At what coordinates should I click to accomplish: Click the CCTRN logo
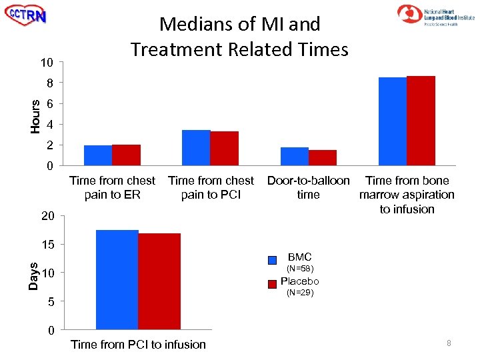pyautogui.click(x=26, y=15)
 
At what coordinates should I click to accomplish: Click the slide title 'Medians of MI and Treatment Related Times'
pyautogui.click(x=239, y=37)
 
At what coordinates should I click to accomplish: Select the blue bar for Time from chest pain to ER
pyautogui.click(x=98, y=155)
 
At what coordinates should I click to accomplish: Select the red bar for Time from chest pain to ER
pyautogui.click(x=126, y=155)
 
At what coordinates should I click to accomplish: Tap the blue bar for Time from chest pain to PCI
pyautogui.click(x=196, y=147)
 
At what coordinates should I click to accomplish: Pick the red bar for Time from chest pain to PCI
pyautogui.click(x=224, y=148)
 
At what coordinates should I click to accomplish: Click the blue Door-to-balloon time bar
pyautogui.click(x=294, y=156)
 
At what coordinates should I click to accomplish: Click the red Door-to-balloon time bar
pyautogui.click(x=322, y=157)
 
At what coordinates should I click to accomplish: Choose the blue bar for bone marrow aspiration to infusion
pyautogui.click(x=392, y=121)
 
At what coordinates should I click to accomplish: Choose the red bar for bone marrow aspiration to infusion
pyautogui.click(x=421, y=121)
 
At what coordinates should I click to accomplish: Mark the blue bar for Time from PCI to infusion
pyautogui.click(x=117, y=279)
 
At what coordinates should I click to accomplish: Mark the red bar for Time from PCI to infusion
pyautogui.click(x=159, y=281)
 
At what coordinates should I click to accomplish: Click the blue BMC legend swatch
pyautogui.click(x=272, y=260)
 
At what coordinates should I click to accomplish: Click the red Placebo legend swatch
pyautogui.click(x=272, y=284)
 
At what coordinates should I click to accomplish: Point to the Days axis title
pyautogui.click(x=33, y=275)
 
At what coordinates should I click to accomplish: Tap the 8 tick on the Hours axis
pyautogui.click(x=49, y=83)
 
